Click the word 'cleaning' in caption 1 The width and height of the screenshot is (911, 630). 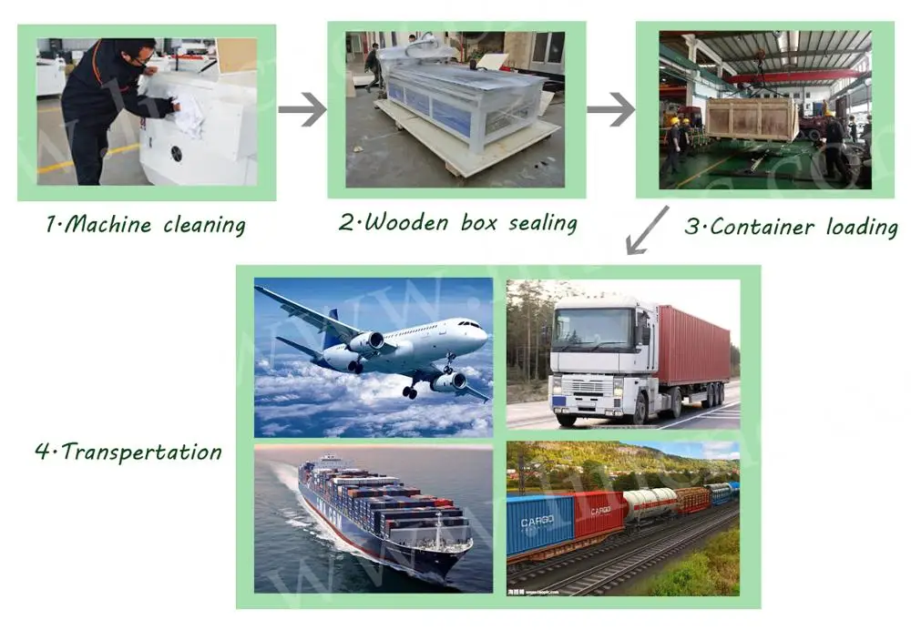pos(204,224)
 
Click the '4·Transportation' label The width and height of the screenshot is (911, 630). pos(128,452)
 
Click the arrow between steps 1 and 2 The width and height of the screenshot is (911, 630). pos(302,110)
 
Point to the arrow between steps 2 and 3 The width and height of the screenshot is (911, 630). pos(610,110)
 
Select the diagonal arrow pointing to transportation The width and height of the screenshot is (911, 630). pos(648,230)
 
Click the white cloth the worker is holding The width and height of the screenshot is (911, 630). pos(189,116)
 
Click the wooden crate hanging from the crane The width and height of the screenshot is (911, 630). pos(752,118)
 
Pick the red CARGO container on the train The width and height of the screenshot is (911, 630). pos(599,513)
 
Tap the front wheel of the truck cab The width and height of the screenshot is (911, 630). pos(566,416)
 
